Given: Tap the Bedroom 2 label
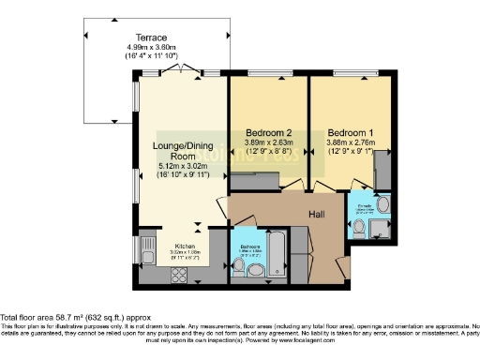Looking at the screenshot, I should tap(267, 132).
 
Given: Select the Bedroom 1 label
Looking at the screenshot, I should tap(349, 132).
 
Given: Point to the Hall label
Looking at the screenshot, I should tap(318, 214).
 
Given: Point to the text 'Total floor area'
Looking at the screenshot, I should tap(29, 292).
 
